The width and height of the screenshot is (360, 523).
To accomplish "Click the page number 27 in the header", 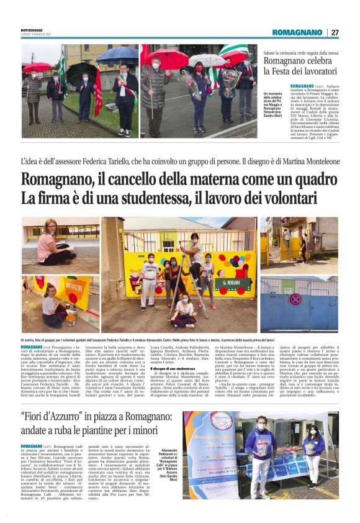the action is pos(335,32).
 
